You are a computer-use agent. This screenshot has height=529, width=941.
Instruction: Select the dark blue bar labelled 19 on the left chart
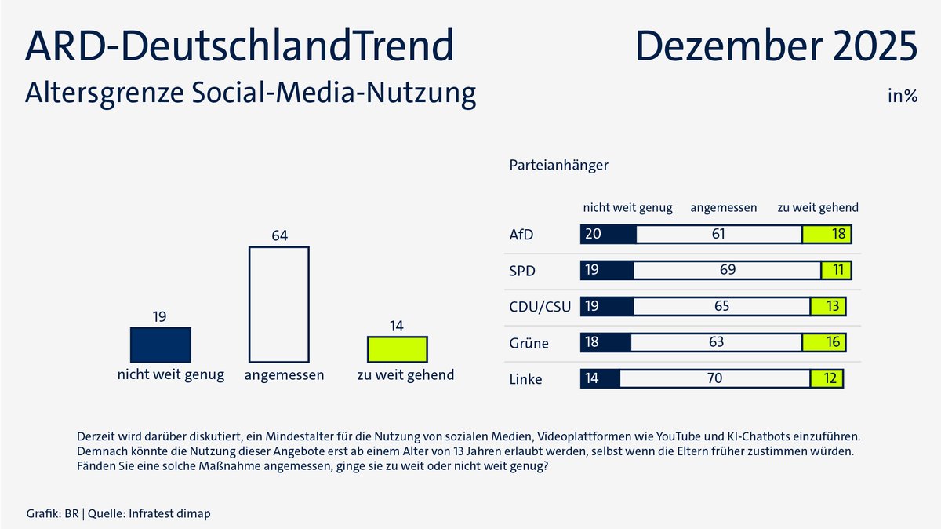point(160,345)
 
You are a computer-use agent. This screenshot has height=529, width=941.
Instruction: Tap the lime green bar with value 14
point(398,348)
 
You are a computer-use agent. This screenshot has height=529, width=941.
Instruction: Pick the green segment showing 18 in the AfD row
point(827,234)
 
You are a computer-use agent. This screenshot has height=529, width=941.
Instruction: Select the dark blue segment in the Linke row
point(600,378)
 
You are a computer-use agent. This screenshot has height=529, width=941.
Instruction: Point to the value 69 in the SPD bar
point(727,270)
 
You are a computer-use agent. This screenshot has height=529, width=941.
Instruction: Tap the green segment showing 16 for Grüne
point(823,342)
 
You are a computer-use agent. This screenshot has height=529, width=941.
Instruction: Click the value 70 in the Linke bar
point(714,378)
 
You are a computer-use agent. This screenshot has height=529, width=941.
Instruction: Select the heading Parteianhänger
point(558,166)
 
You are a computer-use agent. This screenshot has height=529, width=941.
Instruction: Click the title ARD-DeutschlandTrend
point(239,46)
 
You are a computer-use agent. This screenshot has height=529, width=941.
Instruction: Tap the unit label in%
point(902,97)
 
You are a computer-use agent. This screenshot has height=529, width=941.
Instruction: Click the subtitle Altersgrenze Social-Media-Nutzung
point(250,93)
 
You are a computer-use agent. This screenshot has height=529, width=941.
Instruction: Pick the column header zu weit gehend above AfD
point(817,208)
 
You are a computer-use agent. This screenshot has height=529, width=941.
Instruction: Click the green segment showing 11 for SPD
point(835,270)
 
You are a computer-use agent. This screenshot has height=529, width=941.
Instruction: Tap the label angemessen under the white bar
point(284,375)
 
